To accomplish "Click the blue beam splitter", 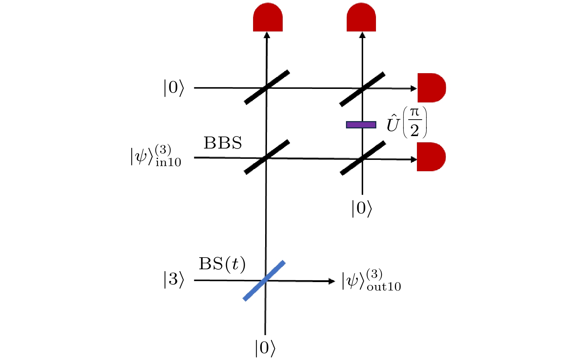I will point(264,281).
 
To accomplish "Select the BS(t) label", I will point(222,264).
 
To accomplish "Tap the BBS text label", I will point(223,143).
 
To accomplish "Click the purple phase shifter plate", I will point(361,125).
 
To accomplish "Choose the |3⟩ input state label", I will point(174,280).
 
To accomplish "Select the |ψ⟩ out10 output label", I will point(371,281).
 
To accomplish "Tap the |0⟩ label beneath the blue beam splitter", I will point(265,348).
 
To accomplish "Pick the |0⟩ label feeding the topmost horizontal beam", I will point(174,88).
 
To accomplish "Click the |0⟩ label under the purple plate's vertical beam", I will point(362,208).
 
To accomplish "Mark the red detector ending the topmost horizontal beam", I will point(432,88).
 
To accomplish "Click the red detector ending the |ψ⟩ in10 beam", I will point(432,157).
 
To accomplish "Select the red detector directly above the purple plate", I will point(361,18).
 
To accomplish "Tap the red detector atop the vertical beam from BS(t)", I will point(268,18).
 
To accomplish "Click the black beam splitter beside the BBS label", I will point(267,157).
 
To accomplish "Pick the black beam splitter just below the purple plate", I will point(363,158).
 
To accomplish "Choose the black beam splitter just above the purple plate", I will point(362,89).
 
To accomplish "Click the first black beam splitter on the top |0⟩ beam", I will point(267,87).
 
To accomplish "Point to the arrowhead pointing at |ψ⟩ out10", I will point(332,281).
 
